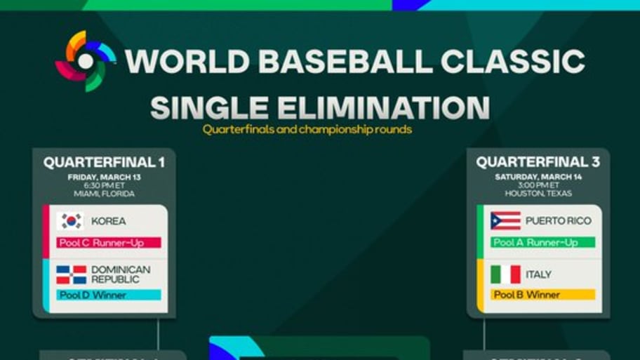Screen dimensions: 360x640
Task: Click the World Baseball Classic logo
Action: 86,61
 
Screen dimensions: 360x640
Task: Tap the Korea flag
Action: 70,221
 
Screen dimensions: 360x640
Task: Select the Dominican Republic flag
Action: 71,274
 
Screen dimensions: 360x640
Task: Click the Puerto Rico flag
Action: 505,221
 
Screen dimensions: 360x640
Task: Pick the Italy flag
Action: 505,274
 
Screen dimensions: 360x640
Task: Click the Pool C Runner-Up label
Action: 109,243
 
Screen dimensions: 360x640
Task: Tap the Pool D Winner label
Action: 109,295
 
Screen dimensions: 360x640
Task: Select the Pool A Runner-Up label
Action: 542,243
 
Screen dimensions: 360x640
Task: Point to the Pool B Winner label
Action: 542,295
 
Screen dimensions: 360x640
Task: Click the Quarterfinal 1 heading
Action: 104,163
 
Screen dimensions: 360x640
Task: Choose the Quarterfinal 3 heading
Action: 538,163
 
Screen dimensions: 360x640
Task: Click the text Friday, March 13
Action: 104,178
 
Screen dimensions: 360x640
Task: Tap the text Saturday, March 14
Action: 538,178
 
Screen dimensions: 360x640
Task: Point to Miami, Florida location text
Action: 104,194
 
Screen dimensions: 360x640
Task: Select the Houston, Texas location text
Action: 538,194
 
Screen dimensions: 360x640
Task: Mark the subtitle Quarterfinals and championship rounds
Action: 307,129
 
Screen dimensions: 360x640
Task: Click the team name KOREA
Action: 109,221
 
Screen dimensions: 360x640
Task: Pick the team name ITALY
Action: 538,274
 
